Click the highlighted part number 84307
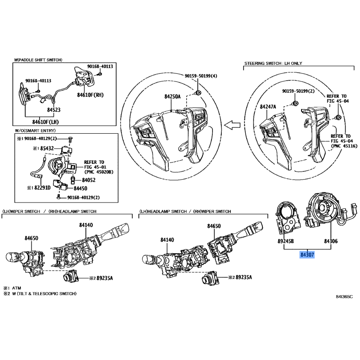[x=307, y=254]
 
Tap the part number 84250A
[x=172, y=96]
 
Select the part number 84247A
[x=269, y=107]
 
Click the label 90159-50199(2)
[x=298, y=91]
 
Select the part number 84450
[x=80, y=188]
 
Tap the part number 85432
[x=48, y=148]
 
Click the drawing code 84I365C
[x=344, y=297]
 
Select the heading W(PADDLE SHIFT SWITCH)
[x=38, y=59]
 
